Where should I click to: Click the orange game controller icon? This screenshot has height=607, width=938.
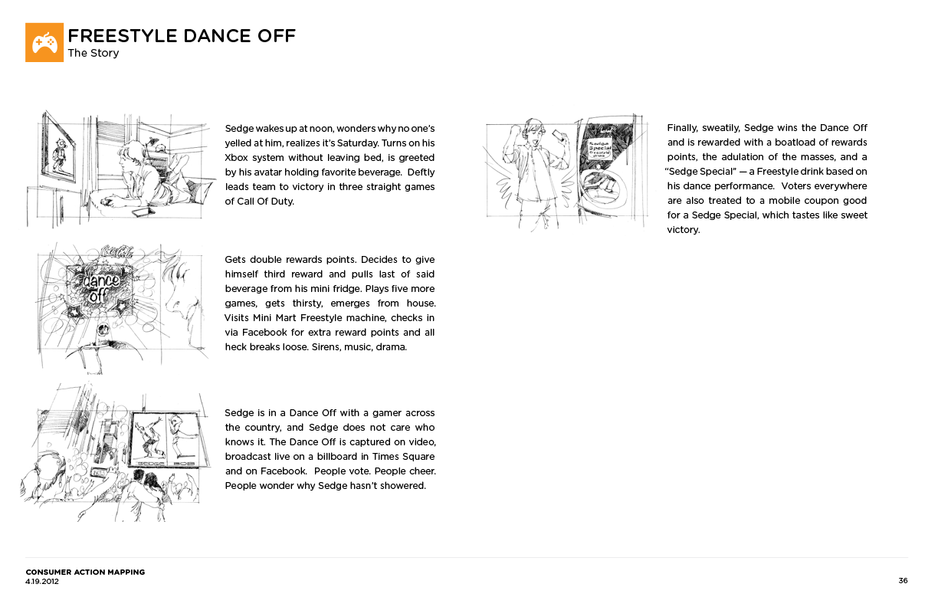[44, 42]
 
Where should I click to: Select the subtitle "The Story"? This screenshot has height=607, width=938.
[93, 54]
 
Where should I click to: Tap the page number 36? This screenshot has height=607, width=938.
[903, 580]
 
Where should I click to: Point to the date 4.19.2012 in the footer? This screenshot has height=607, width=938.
[42, 581]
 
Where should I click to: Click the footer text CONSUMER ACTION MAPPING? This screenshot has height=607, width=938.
[85, 572]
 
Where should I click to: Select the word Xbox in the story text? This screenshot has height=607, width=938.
[237, 157]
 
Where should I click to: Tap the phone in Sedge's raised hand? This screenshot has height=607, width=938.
[557, 135]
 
